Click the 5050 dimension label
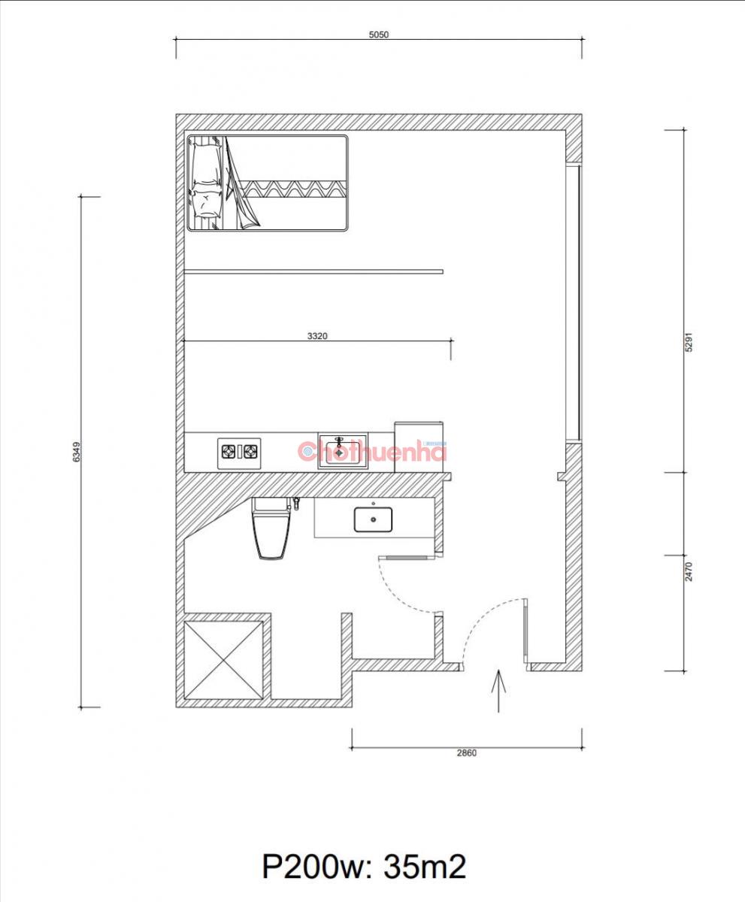tap(379, 35)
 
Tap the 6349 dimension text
tap(77, 452)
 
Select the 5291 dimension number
tap(689, 342)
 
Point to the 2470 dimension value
tap(689, 571)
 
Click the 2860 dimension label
tap(467, 753)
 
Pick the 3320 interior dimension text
tap(317, 336)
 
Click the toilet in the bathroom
tap(271, 528)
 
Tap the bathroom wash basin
tap(374, 519)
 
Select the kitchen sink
tap(343, 451)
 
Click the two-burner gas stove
tap(239, 453)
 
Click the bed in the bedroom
tap(268, 183)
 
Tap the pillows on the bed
tap(206, 181)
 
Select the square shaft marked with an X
tap(223, 660)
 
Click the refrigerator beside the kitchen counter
tap(419, 447)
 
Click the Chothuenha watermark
tap(372, 450)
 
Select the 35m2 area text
tap(425, 863)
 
